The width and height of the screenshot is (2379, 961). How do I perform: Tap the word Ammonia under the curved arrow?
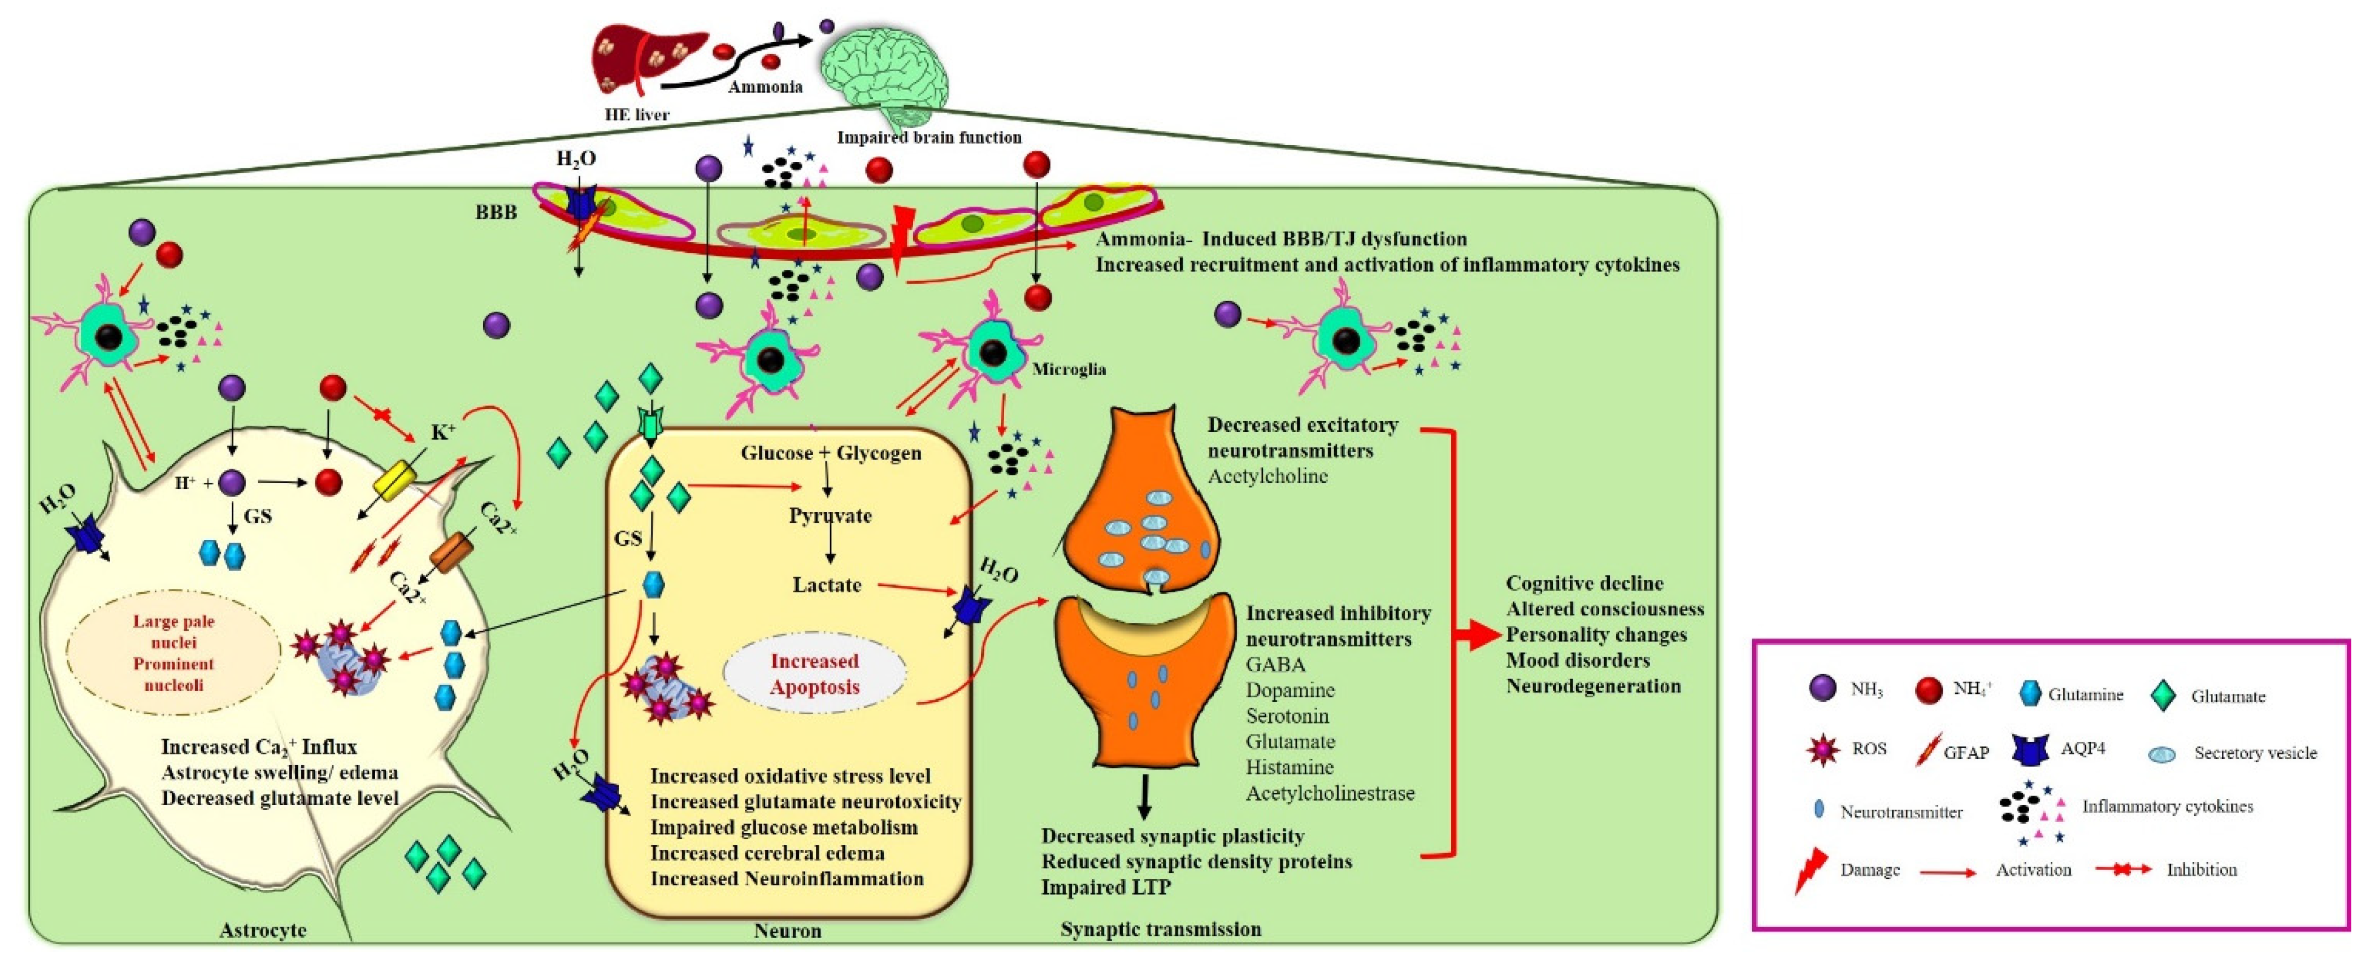click(765, 87)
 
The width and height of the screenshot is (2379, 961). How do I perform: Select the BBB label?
click(496, 212)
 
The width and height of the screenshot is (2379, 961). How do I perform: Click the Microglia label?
click(1069, 369)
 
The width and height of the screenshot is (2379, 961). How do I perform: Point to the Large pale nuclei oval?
click(173, 653)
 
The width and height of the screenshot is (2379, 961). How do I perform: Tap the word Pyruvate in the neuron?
click(830, 515)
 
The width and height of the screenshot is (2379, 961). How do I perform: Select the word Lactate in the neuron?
click(827, 584)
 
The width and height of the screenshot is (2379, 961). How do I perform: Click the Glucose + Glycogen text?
click(830, 452)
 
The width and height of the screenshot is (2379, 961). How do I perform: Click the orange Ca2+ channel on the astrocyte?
click(452, 552)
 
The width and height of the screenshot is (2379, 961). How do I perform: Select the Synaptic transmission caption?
click(1160, 929)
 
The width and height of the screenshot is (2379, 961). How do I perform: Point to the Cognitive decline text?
click(1597, 583)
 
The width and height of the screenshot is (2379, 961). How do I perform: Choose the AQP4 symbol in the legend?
click(2030, 750)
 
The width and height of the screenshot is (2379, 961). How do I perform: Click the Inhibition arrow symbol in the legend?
click(2122, 870)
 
